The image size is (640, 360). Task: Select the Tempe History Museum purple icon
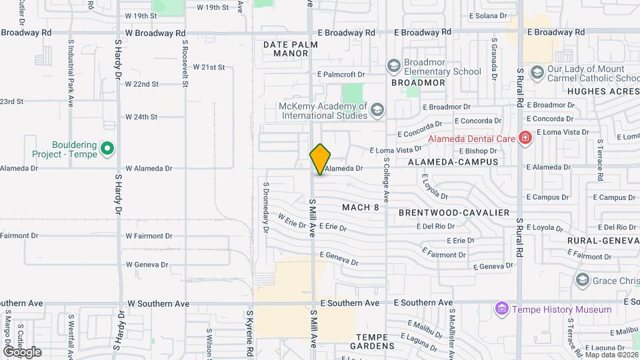click(501, 309)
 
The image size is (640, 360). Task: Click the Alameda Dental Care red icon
click(525, 138)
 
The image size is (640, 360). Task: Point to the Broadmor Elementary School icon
click(394, 66)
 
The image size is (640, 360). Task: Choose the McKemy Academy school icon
click(377, 110)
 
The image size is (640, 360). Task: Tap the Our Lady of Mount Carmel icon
click(537, 71)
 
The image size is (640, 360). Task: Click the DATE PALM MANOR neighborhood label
click(290, 49)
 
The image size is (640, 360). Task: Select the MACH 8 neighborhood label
click(361, 207)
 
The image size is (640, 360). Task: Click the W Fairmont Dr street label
click(149, 236)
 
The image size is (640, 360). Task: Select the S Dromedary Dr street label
click(265, 207)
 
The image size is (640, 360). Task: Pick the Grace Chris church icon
click(583, 279)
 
